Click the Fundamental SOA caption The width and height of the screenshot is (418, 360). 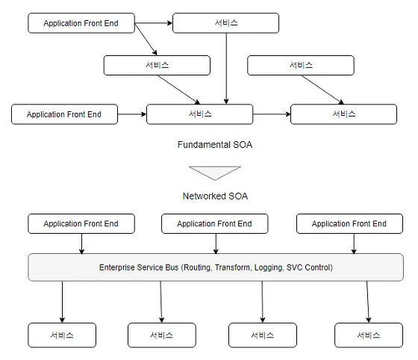[215, 145]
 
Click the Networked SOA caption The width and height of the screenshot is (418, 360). [215, 196]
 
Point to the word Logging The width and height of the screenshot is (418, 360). [269, 267]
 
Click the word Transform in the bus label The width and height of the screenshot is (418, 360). [233, 267]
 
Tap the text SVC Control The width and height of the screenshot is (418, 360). [309, 267]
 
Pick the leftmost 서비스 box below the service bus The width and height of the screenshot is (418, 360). [62, 335]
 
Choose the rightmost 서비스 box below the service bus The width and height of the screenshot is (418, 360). [369, 335]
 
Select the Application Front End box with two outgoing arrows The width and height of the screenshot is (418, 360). [81, 23]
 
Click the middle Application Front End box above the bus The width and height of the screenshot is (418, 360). [215, 223]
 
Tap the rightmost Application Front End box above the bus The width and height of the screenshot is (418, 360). [349, 223]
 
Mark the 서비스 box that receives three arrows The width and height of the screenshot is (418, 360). [200, 114]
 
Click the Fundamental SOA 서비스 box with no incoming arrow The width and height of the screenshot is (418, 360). [301, 65]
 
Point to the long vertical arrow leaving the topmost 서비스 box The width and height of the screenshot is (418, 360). [226, 69]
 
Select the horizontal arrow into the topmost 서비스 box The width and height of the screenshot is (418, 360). [154, 23]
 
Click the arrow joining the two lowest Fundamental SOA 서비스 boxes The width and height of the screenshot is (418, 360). [272, 114]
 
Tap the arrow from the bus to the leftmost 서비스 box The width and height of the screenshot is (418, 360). [62, 302]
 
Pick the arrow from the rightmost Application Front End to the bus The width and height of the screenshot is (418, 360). [354, 243]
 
